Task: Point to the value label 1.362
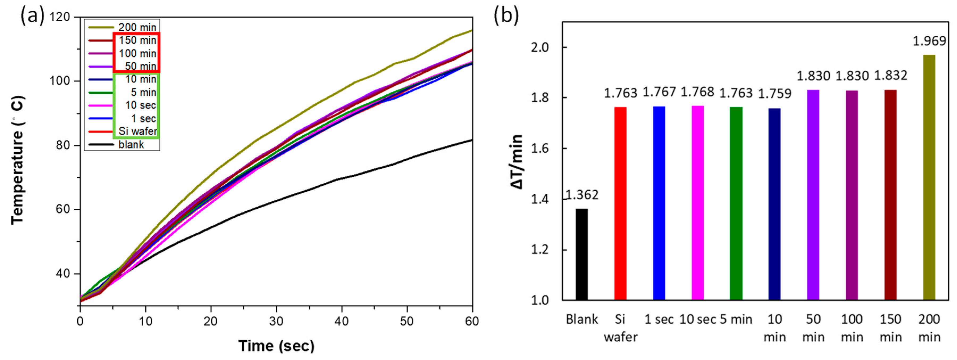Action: pos(582,195)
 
